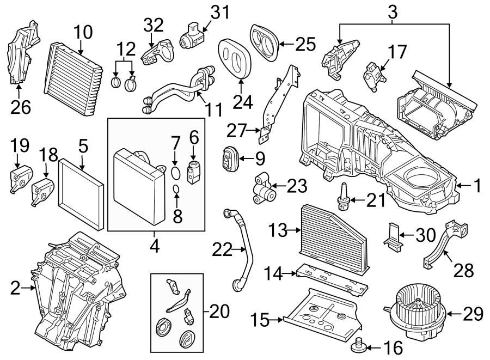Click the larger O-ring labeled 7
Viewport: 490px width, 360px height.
point(175,173)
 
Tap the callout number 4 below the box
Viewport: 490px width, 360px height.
point(155,247)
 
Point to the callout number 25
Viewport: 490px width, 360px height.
point(304,43)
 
